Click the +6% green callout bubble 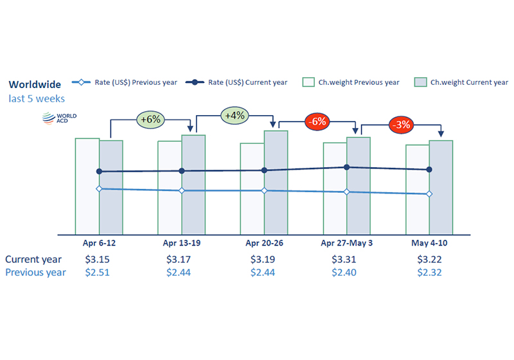coord(150,120)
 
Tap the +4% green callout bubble coord(235,116)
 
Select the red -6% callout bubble coord(317,122)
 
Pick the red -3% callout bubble coord(401,125)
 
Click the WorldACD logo coord(59,118)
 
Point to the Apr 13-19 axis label coord(182,243)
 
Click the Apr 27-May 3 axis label coord(346,243)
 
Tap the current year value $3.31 coord(344,259)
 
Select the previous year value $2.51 coord(98,273)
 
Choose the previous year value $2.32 coord(429,273)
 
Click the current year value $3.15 coord(98,259)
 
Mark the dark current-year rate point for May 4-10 coord(429,170)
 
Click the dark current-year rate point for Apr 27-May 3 coord(347,167)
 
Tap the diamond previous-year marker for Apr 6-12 coord(99,189)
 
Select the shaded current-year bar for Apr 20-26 coord(276,183)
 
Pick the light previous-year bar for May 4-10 coord(418,190)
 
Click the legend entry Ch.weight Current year coord(461,82)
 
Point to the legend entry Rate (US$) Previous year coord(125,82)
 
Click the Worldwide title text coord(35,85)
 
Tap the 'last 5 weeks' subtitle coord(37,99)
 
